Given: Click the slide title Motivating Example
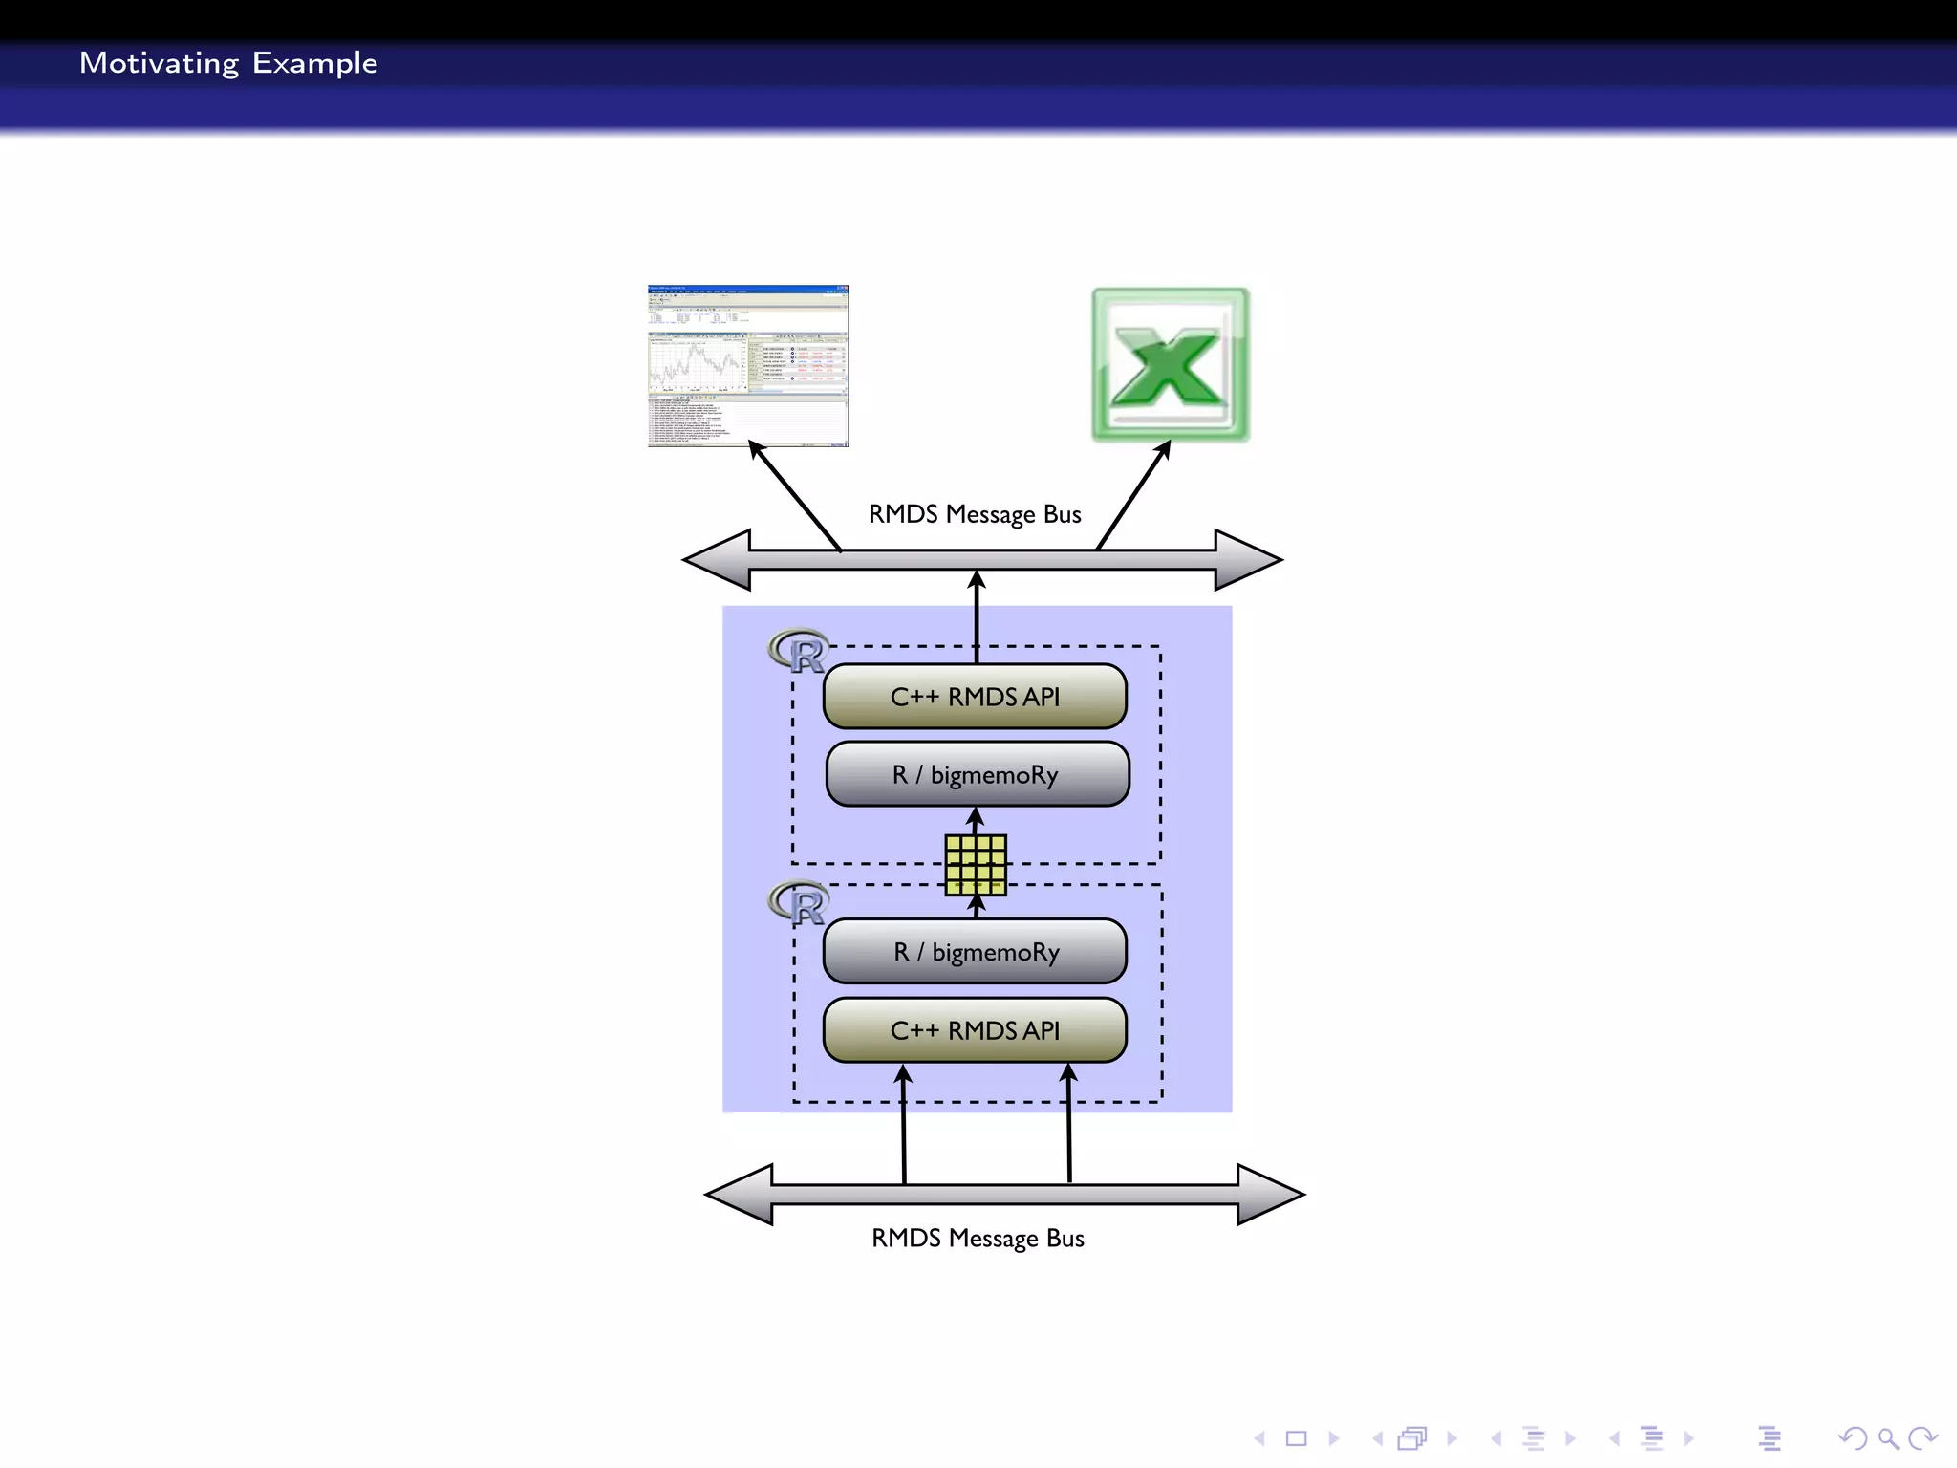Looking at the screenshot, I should tap(228, 63).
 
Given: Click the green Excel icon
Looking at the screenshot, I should tap(1171, 365).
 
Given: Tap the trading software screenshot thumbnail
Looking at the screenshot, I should tap(748, 366).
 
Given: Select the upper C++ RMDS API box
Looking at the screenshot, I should tap(975, 697).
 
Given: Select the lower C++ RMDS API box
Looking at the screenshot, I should tap(975, 1030).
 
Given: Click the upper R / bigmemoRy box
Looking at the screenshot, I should tap(977, 774).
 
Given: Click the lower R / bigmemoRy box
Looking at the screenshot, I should tap(975, 952).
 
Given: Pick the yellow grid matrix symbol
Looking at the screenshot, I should tap(976, 865).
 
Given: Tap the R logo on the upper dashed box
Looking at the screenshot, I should tap(799, 652).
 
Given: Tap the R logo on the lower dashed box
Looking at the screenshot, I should tap(799, 903).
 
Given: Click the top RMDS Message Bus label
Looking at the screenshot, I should tap(975, 514).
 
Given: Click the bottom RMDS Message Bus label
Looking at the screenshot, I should tap(978, 1239).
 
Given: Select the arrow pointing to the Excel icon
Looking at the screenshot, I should tap(1134, 495).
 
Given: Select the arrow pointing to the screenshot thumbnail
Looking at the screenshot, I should tap(794, 495).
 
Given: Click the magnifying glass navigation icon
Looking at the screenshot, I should tap(1887, 1438).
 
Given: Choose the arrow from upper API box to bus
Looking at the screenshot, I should tap(977, 616).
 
